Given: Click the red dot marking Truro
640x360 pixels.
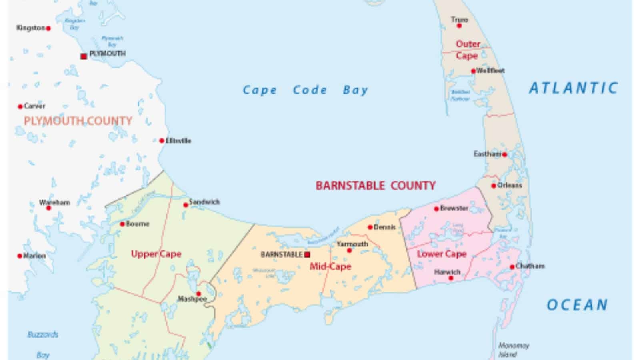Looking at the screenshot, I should pos(459,26).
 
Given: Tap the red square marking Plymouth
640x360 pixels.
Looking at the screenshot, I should pos(84,56).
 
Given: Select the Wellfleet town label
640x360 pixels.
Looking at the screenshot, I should pos(490,70).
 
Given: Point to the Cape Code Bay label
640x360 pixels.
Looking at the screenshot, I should pos(305,90).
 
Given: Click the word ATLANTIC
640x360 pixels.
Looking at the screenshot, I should pos(574,88).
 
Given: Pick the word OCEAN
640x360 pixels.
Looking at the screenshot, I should pos(577,305).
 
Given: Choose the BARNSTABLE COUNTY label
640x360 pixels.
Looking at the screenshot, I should pos(375,186).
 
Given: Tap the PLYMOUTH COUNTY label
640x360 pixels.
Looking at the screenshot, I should pos(78,121).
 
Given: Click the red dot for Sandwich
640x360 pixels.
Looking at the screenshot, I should pos(186,205).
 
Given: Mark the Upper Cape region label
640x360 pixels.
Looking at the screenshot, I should pos(156,254).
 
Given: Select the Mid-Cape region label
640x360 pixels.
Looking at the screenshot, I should pos(330,266).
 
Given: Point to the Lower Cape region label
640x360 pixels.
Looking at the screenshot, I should pos(442,254).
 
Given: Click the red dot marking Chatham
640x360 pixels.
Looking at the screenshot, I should pos(512,267).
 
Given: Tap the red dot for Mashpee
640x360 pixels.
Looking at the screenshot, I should pos(198,294).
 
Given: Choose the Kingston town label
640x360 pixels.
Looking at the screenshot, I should pos(30,28).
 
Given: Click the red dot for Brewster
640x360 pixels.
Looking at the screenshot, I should pos(436,209).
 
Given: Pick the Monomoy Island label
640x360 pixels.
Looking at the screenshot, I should pos(514,350).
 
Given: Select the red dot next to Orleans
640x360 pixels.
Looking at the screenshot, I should pos(494,186).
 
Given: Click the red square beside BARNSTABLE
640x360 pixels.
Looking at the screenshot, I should pos(307,254).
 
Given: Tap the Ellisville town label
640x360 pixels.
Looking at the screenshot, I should pos(178,141).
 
